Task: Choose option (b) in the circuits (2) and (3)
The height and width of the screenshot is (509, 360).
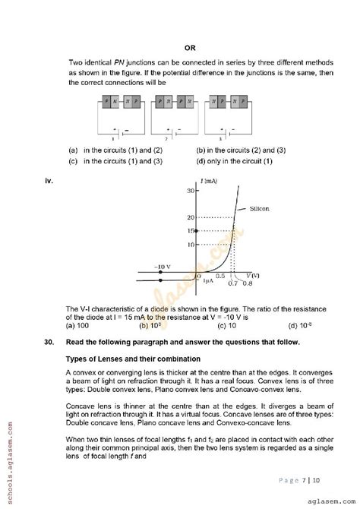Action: (x=241, y=150)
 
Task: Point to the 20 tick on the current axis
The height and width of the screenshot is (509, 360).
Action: (x=191, y=217)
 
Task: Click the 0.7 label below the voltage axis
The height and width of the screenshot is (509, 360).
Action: (x=232, y=283)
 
